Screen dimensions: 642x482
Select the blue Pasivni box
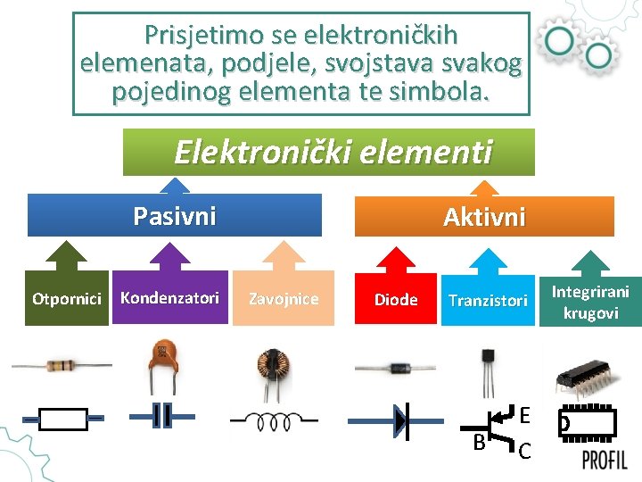175,216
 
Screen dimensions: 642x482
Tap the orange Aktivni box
484,217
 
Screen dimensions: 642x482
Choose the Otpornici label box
66,298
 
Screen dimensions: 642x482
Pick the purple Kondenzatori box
169,297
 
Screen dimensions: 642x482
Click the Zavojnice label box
284,298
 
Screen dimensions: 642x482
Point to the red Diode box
396,299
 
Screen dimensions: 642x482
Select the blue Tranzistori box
488,300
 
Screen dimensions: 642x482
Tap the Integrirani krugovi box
589,302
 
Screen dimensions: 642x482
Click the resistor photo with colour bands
62,364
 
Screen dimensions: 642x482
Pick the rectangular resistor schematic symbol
64,419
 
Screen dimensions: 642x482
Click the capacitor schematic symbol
162,417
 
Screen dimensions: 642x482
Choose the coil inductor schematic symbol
274,420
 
